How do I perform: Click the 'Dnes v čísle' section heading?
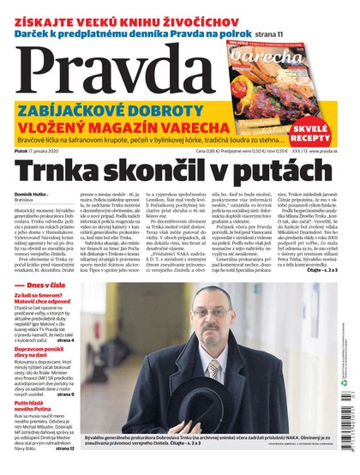point(50,306)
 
